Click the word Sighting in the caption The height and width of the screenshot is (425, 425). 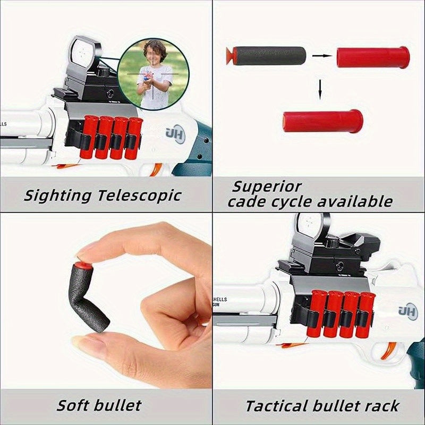tap(57, 195)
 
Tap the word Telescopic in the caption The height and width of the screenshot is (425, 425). tap(139, 195)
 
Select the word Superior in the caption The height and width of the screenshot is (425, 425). tap(266, 187)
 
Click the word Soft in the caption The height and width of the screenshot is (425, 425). tap(75, 406)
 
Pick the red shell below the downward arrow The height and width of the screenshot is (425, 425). tap(322, 121)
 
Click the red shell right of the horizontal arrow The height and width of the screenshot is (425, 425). tap(373, 57)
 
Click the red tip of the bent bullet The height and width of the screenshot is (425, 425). tap(81, 263)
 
